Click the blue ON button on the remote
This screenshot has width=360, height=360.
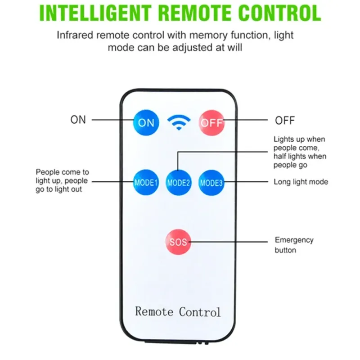tap(146, 122)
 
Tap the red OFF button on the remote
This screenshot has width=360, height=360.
tap(211, 122)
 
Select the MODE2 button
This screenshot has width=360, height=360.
tap(179, 183)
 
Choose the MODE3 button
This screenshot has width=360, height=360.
tap(211, 183)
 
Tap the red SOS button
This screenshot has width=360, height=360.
tap(178, 242)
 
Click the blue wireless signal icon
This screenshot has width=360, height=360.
tap(179, 122)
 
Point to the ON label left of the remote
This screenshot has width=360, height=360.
tap(78, 120)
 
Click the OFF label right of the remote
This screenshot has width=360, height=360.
tap(285, 121)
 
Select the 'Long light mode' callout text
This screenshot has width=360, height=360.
tap(301, 182)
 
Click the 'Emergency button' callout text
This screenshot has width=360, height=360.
tap(294, 245)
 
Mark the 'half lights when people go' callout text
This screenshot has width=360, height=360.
tap(300, 161)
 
